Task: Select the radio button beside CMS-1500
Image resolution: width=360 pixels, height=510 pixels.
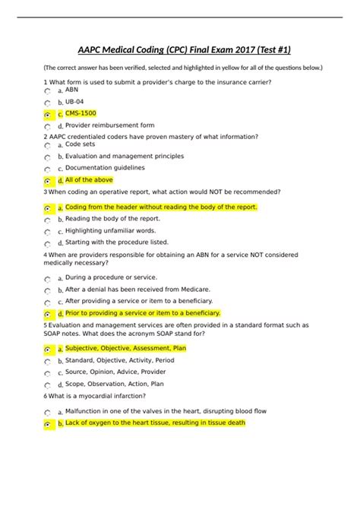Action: point(48,115)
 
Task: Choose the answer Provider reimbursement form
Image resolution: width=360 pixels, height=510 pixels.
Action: point(109,125)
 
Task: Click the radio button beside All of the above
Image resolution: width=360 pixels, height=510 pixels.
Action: point(48,182)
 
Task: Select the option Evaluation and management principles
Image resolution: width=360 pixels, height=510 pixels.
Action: point(125,156)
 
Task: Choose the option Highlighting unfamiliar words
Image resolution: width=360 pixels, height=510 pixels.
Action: point(110,230)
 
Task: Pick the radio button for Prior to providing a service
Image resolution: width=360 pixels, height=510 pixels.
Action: point(48,314)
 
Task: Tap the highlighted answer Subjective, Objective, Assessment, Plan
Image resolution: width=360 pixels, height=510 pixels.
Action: point(125,348)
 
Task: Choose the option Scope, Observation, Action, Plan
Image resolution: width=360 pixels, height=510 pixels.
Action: point(114,384)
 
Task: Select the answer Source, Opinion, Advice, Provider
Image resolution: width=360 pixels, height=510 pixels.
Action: point(115,372)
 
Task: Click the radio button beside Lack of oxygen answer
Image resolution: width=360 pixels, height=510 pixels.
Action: point(48,424)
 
